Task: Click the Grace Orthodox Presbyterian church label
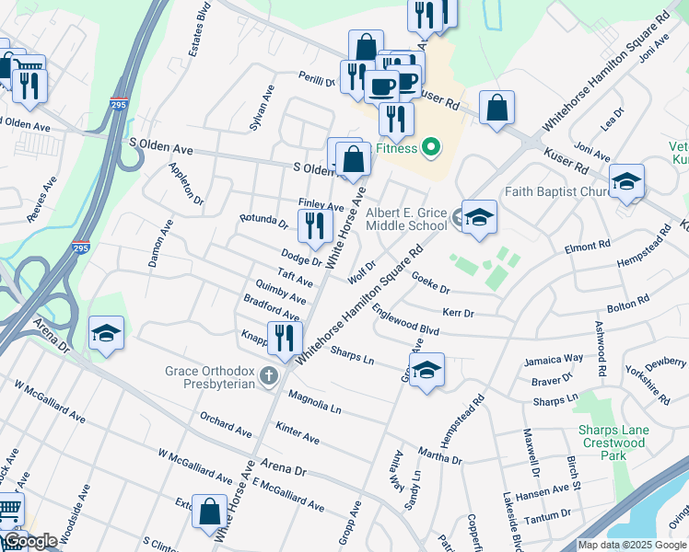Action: (x=209, y=377)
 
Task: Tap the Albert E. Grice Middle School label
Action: (x=406, y=219)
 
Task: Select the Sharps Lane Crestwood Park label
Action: (x=613, y=443)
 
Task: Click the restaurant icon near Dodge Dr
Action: (x=315, y=227)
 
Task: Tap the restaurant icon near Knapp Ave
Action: (x=284, y=339)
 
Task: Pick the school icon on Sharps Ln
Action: (x=426, y=371)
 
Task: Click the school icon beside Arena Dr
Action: (x=106, y=333)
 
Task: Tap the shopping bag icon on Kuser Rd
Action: (x=496, y=109)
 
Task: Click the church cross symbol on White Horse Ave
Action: (x=268, y=374)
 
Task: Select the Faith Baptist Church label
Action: (x=559, y=192)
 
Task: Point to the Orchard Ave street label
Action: (x=226, y=424)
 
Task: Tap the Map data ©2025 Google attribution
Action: (x=632, y=545)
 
